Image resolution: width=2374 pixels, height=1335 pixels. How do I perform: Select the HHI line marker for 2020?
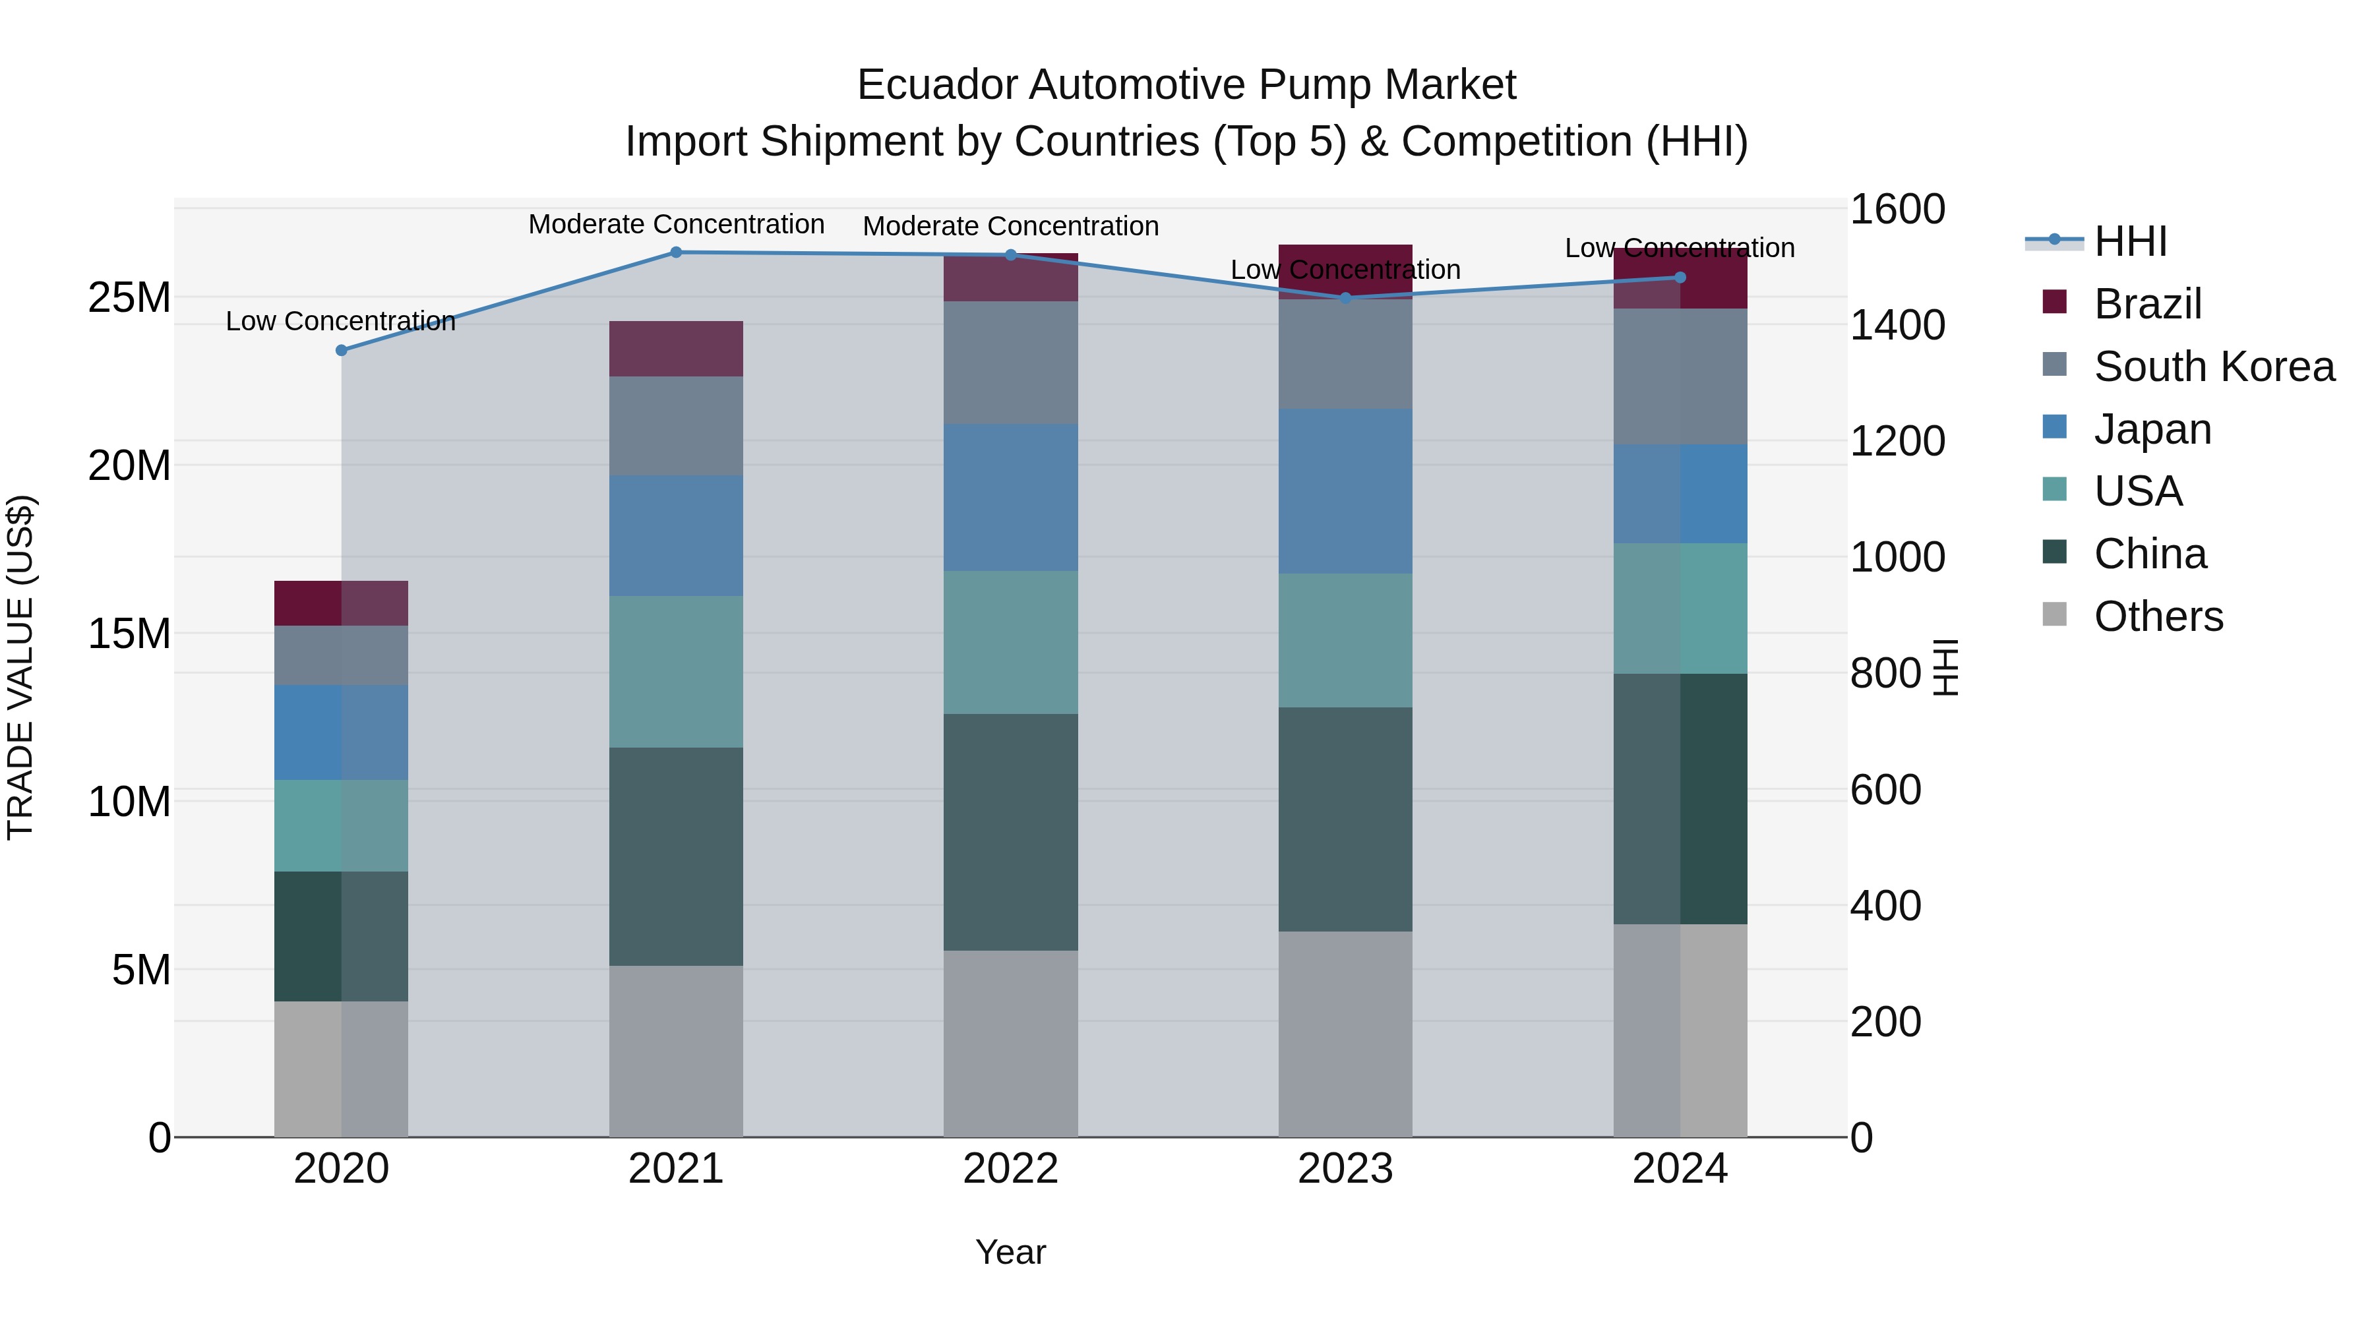[x=341, y=350]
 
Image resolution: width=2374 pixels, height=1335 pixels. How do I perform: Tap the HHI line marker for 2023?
[x=1345, y=297]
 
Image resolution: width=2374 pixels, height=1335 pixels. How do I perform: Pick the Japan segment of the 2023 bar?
[x=1345, y=491]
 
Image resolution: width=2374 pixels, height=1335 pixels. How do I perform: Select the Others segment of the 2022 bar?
[x=1010, y=1043]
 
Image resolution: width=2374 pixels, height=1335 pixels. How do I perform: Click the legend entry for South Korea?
[x=2214, y=367]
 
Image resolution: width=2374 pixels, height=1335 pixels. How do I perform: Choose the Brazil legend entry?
[x=2147, y=304]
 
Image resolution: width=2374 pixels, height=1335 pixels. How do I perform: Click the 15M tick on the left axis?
[x=129, y=634]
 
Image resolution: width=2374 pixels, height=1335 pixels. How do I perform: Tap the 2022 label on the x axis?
[x=1010, y=1169]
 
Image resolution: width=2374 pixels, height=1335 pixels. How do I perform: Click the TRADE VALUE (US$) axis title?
[x=20, y=667]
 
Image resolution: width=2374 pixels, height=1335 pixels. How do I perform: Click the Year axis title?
[x=1010, y=1252]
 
